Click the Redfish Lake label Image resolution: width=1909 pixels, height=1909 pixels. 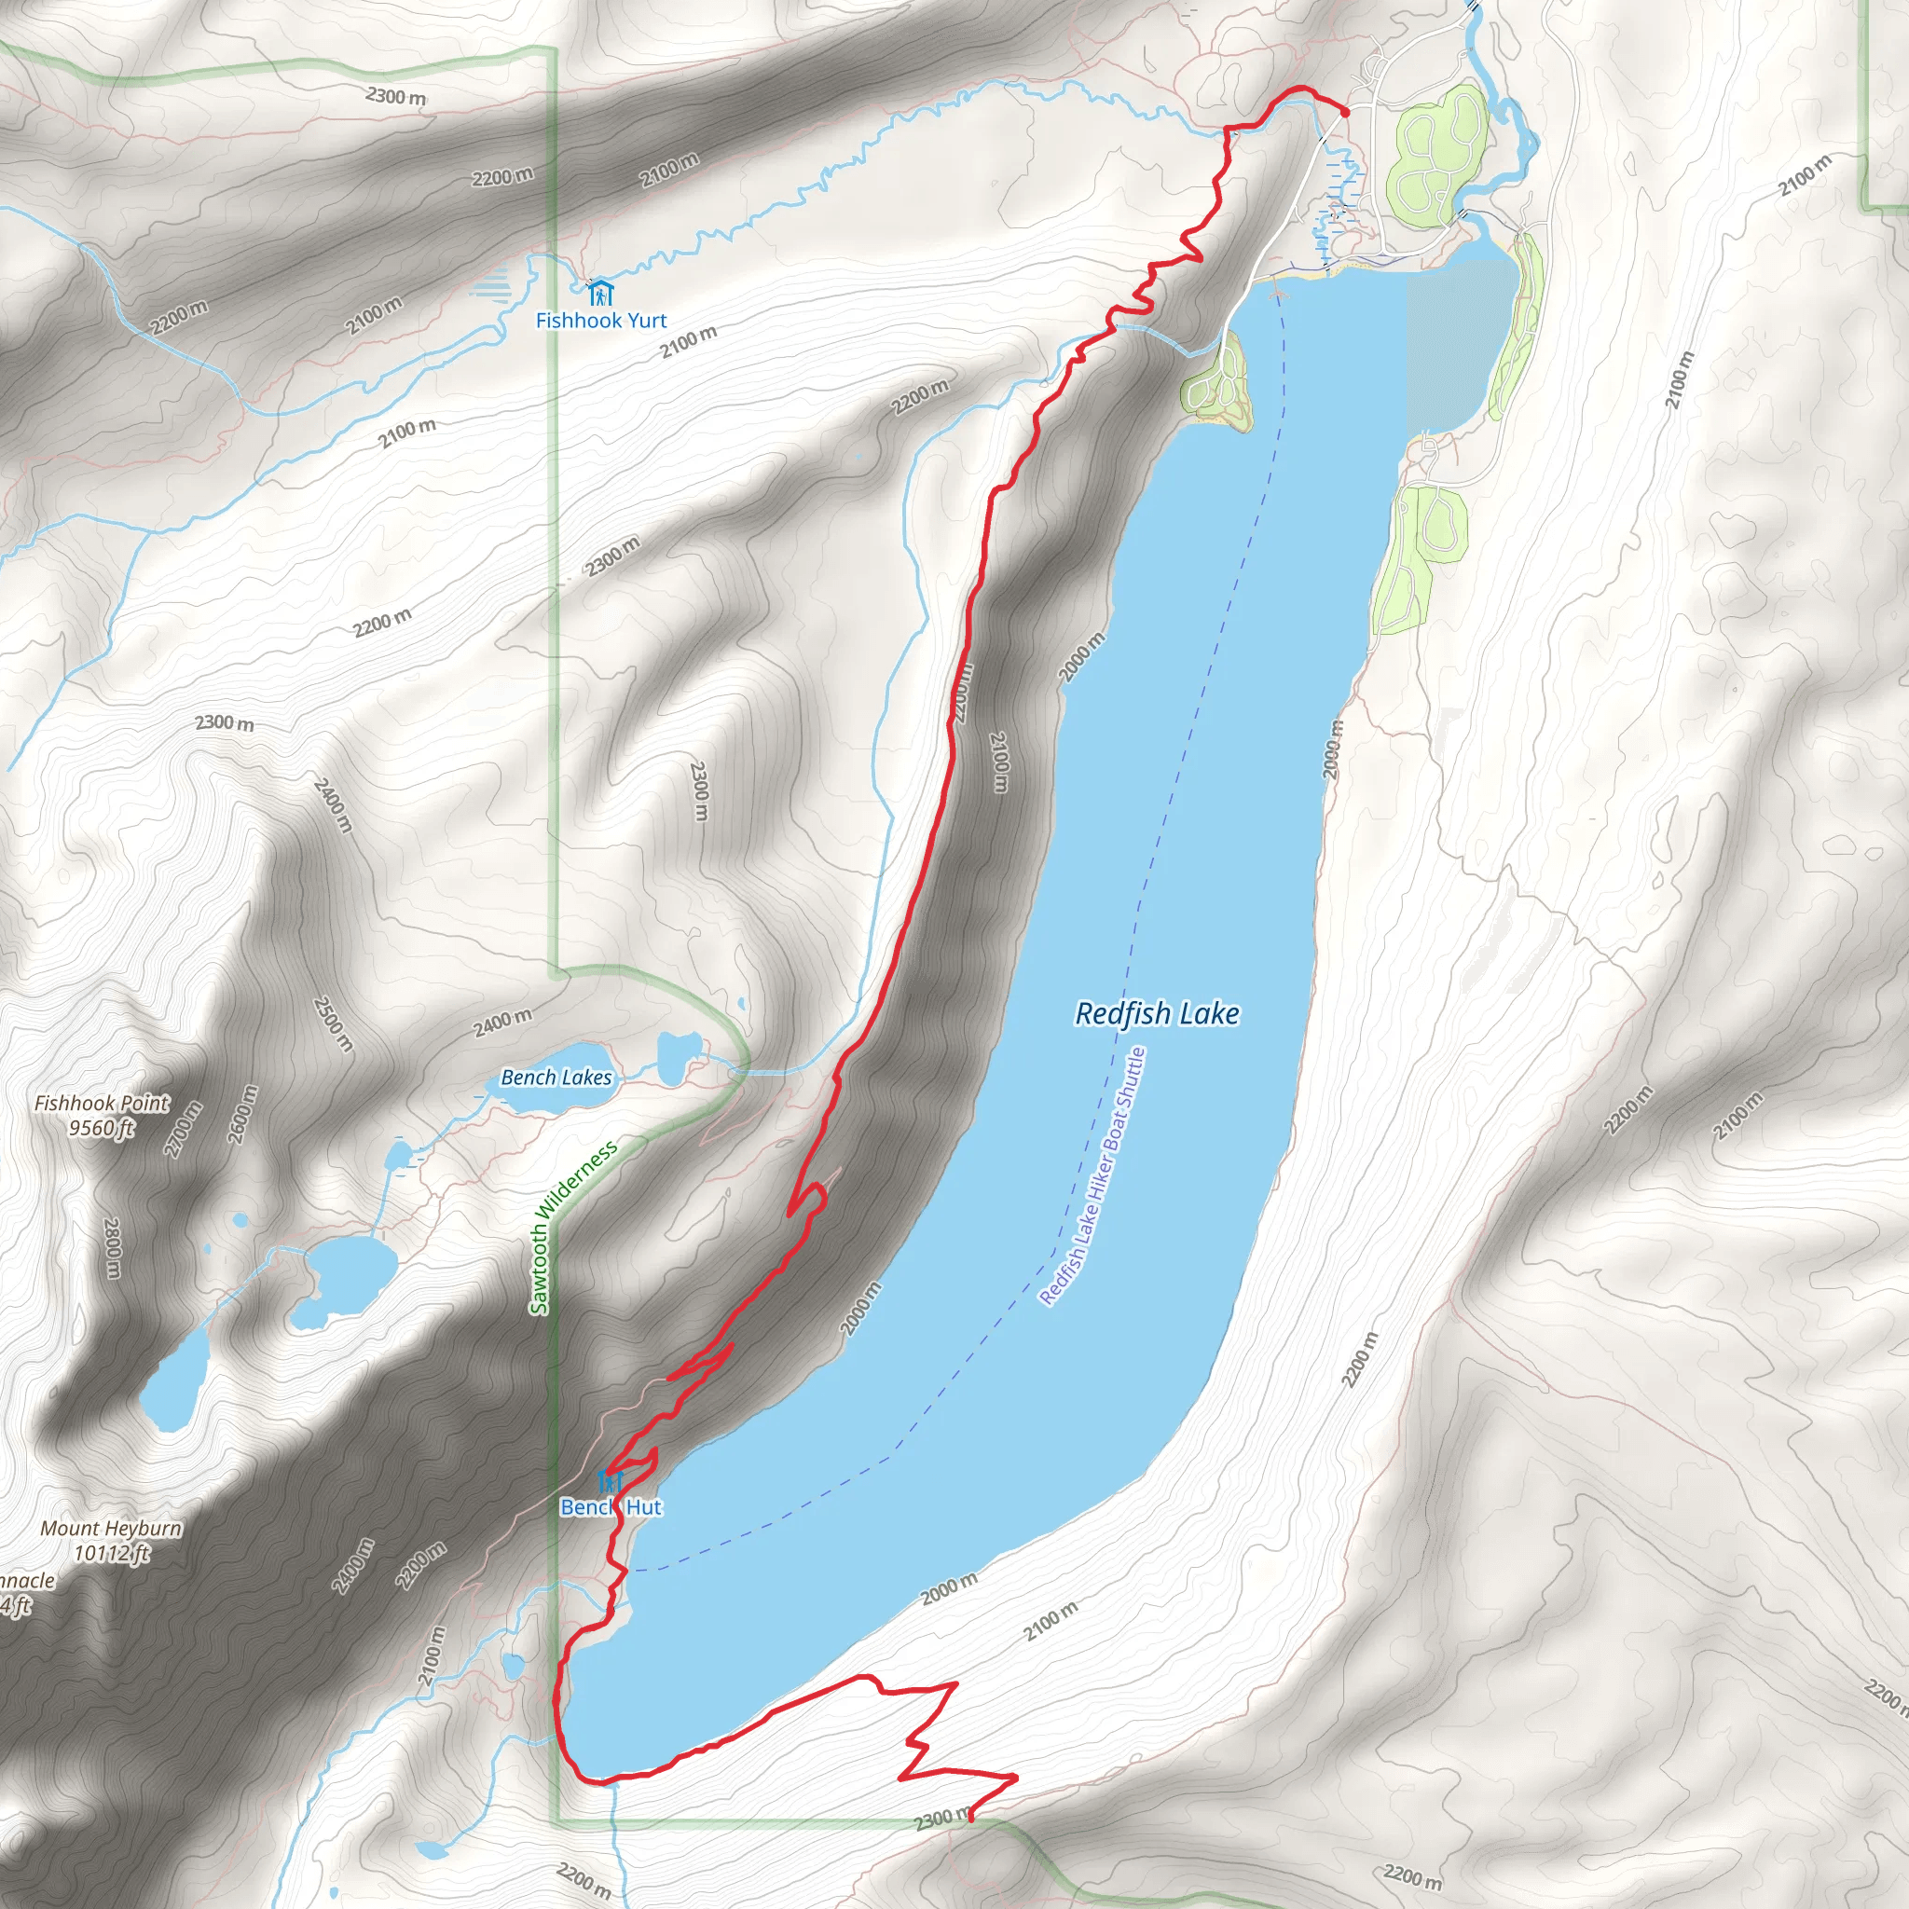pos(1156,1014)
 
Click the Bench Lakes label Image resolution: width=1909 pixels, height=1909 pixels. pos(556,1078)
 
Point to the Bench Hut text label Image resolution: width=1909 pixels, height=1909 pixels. pos(611,1507)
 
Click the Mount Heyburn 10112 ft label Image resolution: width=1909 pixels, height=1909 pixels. pos(111,1541)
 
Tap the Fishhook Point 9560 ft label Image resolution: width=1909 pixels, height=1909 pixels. pos(102,1115)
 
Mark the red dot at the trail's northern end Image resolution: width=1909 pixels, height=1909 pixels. pos(1344,113)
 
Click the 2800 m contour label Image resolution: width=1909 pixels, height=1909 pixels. pos(112,1248)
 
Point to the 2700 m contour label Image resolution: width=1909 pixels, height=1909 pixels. pos(183,1129)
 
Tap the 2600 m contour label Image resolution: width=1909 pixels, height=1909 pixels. pos(243,1114)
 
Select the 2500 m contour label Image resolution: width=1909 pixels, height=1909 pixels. pos(332,1023)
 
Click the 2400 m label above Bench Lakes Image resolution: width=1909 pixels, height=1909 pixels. pos(502,1023)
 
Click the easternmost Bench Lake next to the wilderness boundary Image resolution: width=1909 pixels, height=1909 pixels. pos(678,1056)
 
